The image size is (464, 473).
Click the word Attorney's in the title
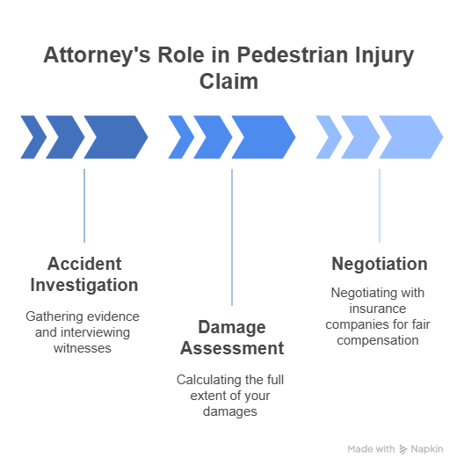97,55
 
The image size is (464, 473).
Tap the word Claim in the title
228,82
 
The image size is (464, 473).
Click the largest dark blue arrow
116,137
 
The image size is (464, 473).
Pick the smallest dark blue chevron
33,137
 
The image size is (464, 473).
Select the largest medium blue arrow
264,137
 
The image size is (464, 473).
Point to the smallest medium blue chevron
181,137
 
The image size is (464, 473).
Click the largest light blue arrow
411,137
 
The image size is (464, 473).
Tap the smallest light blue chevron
329,137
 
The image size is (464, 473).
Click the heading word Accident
84,264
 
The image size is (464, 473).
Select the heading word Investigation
84,286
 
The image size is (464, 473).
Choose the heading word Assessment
232,348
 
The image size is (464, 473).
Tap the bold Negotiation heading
380,264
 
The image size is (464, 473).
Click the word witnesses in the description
83,348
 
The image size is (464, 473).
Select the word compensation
378,341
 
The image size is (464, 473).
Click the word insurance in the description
378,309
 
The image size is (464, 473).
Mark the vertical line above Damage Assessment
232,237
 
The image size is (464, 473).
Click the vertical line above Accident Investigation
84,206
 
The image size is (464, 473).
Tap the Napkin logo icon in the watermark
403,449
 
